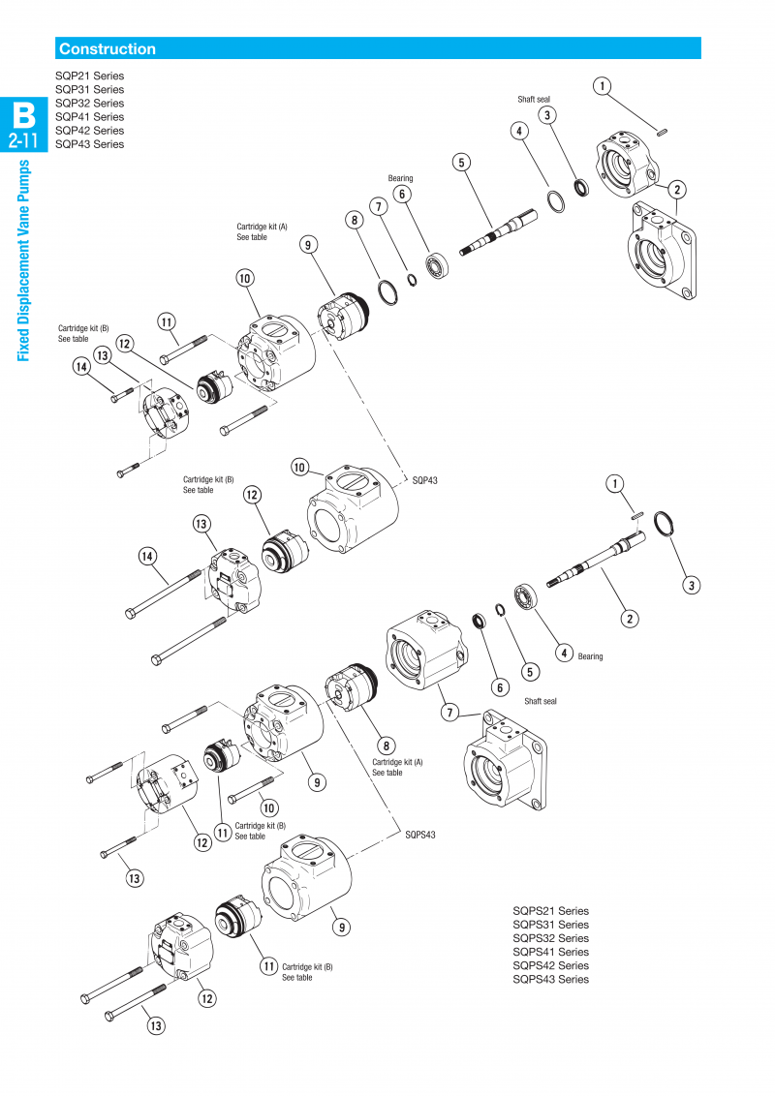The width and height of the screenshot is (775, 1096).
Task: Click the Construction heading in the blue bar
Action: [x=107, y=48]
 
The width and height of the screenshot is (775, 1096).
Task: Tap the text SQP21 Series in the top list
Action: [x=89, y=76]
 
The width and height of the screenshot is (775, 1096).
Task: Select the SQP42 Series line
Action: [x=89, y=130]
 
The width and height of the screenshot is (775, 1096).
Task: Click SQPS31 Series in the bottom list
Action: [x=550, y=925]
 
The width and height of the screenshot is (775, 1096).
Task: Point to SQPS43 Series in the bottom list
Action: [x=550, y=979]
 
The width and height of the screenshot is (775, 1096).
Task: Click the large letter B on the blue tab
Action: [x=22, y=116]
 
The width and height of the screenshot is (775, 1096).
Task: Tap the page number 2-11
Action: [x=22, y=141]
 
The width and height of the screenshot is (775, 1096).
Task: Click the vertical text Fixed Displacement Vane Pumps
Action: [x=24, y=259]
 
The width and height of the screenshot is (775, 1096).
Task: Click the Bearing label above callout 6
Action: [x=400, y=178]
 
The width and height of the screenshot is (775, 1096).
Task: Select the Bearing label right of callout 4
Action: [x=590, y=656]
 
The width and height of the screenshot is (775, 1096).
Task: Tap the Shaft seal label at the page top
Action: [x=534, y=99]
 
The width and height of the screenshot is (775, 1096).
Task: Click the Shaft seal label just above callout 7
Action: [x=541, y=701]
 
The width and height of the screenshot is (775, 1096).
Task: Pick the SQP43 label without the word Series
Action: [x=425, y=480]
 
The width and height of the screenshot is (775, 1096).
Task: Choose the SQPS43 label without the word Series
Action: [x=420, y=834]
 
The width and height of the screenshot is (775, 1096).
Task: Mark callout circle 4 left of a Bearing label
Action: [x=564, y=653]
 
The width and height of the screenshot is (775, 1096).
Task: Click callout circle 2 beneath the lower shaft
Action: [x=630, y=618]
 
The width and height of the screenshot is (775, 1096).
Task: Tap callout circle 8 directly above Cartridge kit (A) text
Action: [x=387, y=746]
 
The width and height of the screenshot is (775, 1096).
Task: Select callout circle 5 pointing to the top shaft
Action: [x=461, y=162]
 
